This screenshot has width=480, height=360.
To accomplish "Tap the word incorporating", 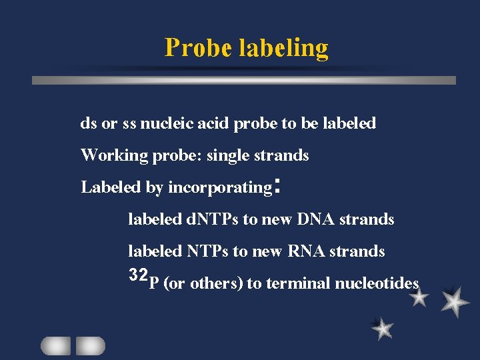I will click(x=219, y=188).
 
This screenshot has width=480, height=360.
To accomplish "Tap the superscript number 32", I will click(x=138, y=275).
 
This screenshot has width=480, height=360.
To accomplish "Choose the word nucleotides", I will click(x=377, y=283).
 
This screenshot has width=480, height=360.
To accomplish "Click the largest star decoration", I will click(x=455, y=303).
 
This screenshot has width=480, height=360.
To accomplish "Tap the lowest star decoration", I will click(x=382, y=329).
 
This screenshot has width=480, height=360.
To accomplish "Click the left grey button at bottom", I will click(x=56, y=345).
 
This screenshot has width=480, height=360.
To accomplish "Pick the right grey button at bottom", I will click(x=90, y=345).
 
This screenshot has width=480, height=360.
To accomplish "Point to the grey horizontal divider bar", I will click(x=244, y=80).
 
